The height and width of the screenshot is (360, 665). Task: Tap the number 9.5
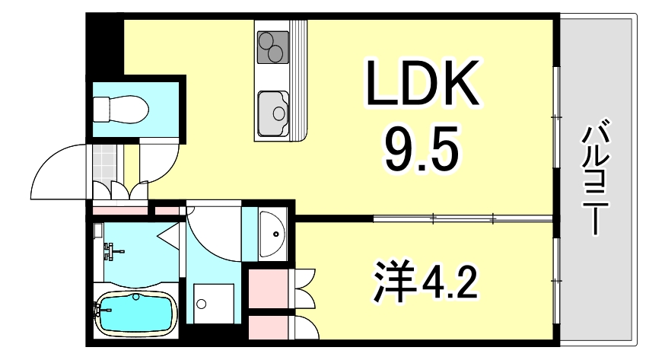pos(423,151)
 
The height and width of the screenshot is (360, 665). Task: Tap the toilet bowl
pos(119,108)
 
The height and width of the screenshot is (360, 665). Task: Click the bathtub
pos(138,313)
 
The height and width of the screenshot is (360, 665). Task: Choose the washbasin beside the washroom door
pos(271,231)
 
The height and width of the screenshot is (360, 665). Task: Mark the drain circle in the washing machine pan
pos(201,304)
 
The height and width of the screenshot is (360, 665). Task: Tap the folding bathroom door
pos(170,235)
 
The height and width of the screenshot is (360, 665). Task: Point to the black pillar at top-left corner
pos(102,41)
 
